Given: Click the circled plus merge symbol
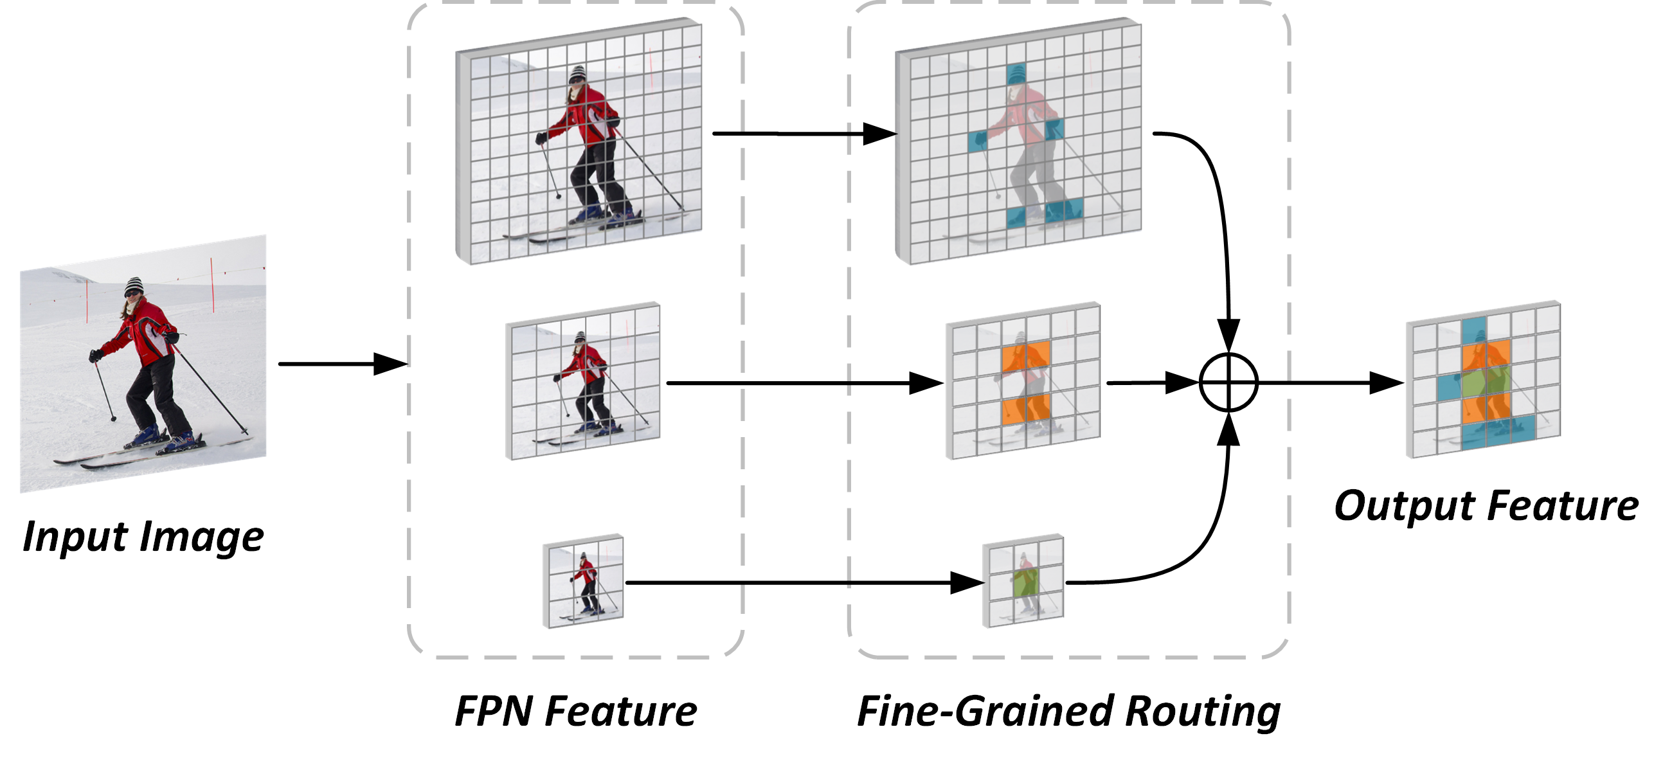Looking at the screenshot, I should pos(1228,382).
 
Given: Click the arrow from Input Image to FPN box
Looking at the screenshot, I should pos(342,364).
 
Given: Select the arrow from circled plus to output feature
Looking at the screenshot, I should pos(1330,383).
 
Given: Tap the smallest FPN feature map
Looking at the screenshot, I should pos(584,581).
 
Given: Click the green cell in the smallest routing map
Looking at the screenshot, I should pos(1025,582).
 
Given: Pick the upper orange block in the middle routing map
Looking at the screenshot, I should pos(1026,357).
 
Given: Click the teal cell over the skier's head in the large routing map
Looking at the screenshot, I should pos(1016,74).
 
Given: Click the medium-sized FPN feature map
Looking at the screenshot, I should pos(584,381).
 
